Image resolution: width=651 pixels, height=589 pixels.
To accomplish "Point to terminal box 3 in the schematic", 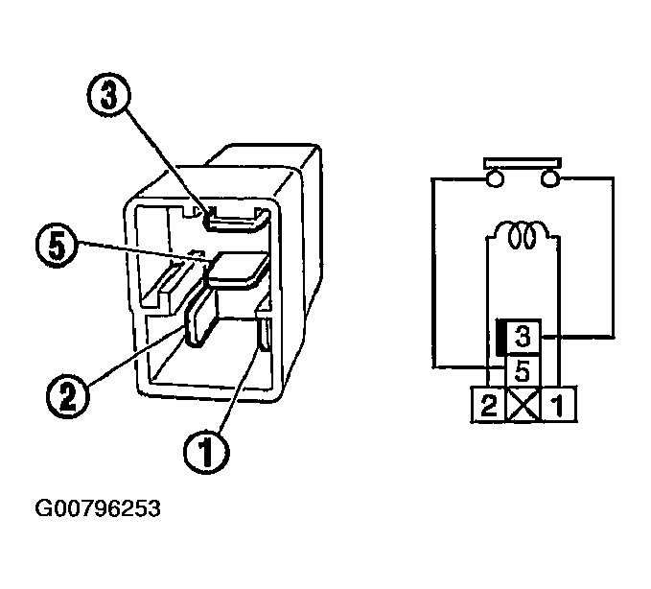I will [523, 337].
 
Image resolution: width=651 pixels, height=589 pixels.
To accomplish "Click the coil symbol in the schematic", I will [523, 232].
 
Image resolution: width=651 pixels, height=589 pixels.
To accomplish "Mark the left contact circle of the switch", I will [495, 178].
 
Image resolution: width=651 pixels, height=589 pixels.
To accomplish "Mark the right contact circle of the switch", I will [550, 178].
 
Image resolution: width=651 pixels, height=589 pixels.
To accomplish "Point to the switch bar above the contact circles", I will [523, 160].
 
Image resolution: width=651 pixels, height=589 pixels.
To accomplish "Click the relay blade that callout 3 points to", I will [234, 221].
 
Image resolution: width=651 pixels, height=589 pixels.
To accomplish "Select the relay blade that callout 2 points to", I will [202, 317].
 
